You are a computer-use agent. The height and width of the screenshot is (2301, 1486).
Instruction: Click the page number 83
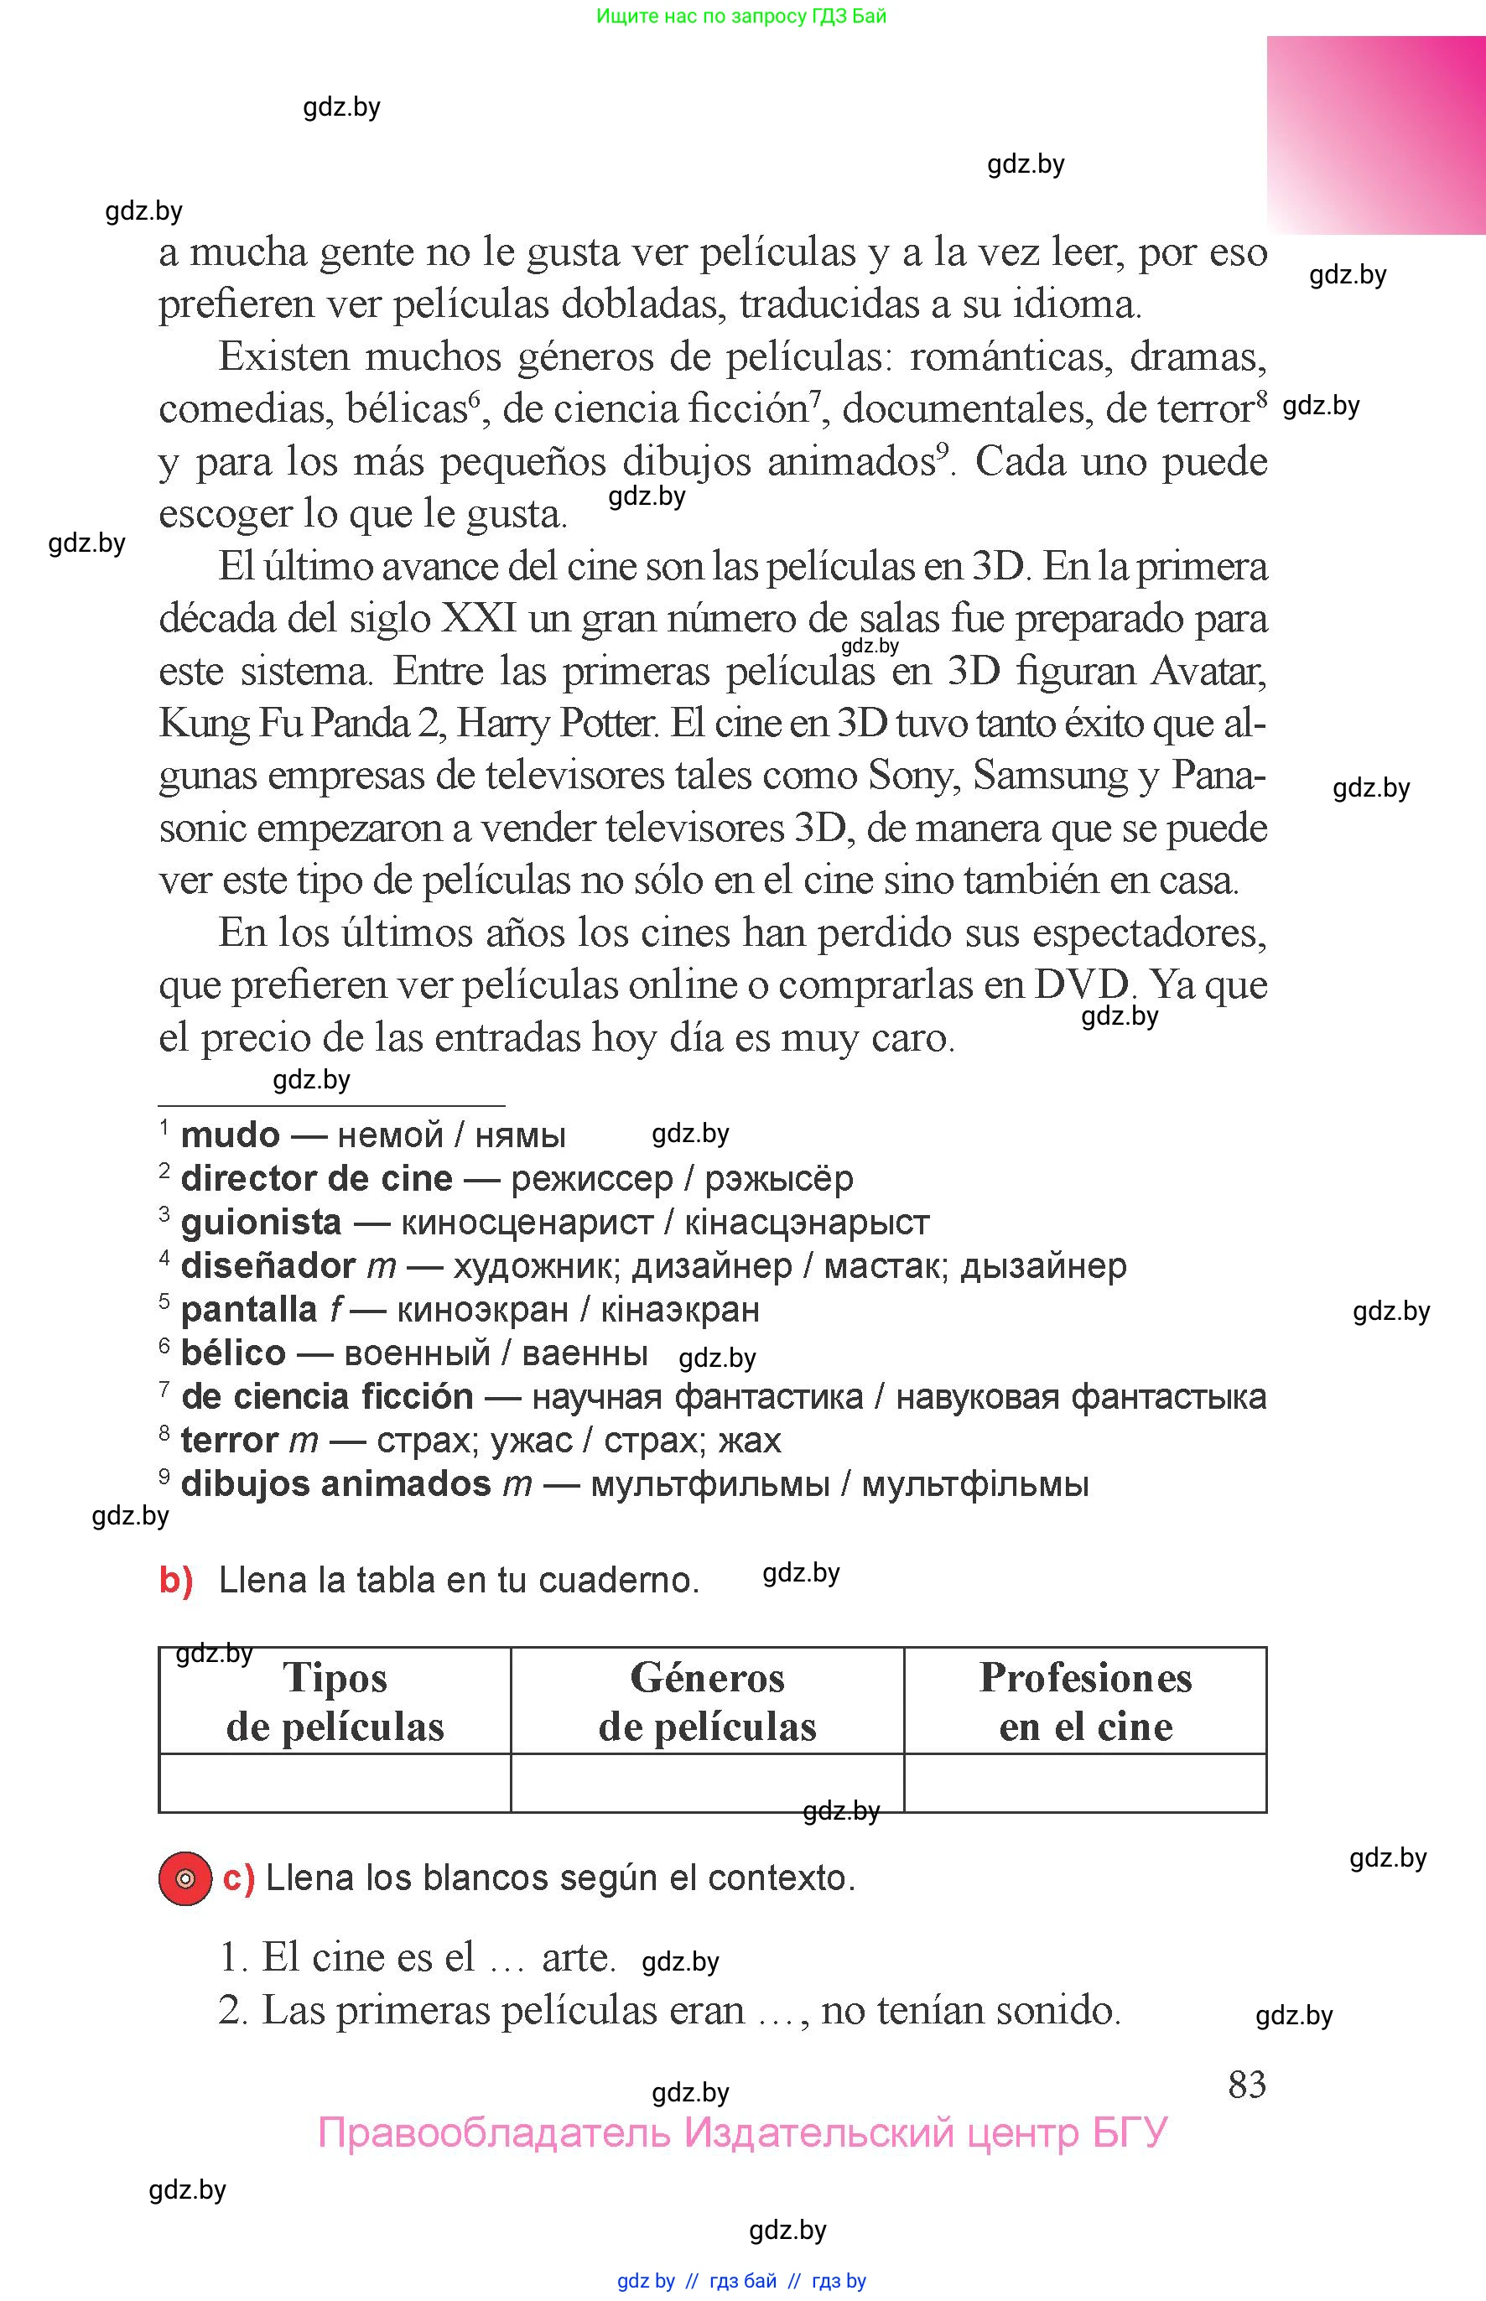tap(1247, 2085)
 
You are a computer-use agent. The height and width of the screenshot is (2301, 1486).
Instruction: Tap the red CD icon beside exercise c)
tap(185, 1878)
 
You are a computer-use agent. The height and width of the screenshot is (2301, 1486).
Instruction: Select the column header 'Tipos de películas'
tap(335, 1702)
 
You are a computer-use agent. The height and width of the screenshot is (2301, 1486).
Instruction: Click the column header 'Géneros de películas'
tap(707, 1702)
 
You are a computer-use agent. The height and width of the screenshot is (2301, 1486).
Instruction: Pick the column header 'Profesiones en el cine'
tap(1085, 1702)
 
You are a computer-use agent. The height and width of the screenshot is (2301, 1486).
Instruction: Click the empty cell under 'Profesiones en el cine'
tap(1085, 1783)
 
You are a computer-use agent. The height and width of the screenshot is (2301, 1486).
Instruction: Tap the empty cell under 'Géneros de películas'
tap(707, 1783)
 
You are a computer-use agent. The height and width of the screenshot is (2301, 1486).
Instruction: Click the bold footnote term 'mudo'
tap(230, 1135)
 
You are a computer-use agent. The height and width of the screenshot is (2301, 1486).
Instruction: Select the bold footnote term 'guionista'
tap(261, 1223)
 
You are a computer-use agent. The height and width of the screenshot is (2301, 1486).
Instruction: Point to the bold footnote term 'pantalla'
tap(249, 1310)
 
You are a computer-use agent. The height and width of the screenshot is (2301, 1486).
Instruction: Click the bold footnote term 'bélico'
tap(233, 1353)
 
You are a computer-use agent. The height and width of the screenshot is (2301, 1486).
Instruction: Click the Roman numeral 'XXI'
tap(478, 618)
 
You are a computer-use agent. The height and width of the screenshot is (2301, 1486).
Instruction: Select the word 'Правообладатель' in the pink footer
tap(493, 2133)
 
